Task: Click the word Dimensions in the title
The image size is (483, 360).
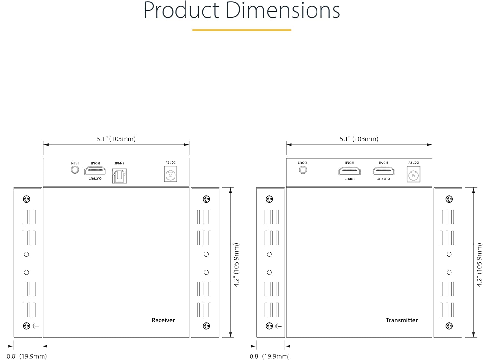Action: tap(282, 10)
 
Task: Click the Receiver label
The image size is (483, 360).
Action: tap(163, 320)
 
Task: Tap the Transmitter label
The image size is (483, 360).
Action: tap(402, 320)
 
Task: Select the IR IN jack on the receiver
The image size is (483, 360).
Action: tap(75, 170)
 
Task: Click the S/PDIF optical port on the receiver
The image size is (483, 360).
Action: tap(119, 176)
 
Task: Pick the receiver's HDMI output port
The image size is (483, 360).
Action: tap(95, 171)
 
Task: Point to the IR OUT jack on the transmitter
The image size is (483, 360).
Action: tap(303, 170)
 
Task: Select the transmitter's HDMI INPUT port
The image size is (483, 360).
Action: tap(349, 171)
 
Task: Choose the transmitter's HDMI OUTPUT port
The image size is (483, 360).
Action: tap(383, 171)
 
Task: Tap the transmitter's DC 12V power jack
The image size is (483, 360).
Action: tap(413, 175)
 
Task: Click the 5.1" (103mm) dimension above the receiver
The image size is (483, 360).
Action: tap(116, 139)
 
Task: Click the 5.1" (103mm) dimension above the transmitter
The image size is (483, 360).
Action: tap(359, 139)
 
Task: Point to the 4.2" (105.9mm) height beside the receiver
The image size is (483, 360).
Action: tap(237, 265)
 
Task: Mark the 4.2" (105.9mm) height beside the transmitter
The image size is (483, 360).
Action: tap(479, 265)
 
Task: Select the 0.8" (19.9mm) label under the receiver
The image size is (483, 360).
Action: tap(27, 356)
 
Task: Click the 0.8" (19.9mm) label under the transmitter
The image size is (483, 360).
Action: tap(270, 356)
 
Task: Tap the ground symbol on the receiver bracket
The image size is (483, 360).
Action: tap(35, 326)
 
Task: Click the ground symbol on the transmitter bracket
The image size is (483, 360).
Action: tap(279, 326)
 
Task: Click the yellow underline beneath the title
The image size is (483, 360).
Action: tap(241, 30)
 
